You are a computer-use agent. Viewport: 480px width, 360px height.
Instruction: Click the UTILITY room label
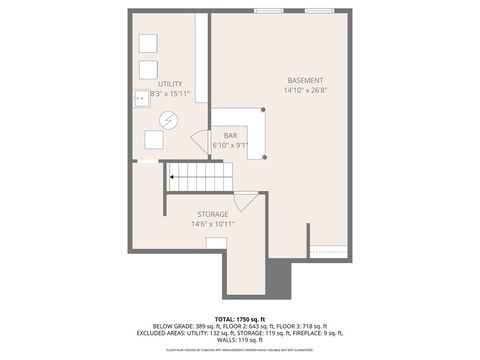pyautogui.click(x=169, y=84)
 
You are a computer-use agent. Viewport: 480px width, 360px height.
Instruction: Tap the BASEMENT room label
pyautogui.click(x=305, y=80)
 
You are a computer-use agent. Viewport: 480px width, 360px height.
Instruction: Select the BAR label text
pyautogui.click(x=230, y=135)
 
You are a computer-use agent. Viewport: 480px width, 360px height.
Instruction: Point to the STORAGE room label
pyautogui.click(x=212, y=213)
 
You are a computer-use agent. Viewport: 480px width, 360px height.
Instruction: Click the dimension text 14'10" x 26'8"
pyautogui.click(x=305, y=90)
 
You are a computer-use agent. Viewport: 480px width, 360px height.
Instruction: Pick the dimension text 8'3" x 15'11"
pyautogui.click(x=169, y=94)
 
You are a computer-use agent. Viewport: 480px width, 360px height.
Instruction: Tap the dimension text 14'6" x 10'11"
pyautogui.click(x=212, y=223)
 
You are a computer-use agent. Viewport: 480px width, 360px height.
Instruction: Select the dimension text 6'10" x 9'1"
pyautogui.click(x=230, y=145)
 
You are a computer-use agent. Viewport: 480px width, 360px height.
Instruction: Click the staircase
pyautogui.click(x=199, y=177)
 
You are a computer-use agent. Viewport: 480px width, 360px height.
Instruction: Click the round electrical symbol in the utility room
pyautogui.click(x=168, y=119)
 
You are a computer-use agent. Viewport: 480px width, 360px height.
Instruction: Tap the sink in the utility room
pyautogui.click(x=140, y=97)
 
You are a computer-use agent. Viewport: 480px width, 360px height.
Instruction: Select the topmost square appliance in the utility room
pyautogui.click(x=148, y=43)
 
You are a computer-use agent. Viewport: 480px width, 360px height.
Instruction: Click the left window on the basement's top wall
pyautogui.click(x=267, y=11)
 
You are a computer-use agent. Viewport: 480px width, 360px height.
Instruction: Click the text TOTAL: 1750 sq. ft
pyautogui.click(x=240, y=317)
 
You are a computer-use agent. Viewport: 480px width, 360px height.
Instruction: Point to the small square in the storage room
pyautogui.click(x=216, y=241)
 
